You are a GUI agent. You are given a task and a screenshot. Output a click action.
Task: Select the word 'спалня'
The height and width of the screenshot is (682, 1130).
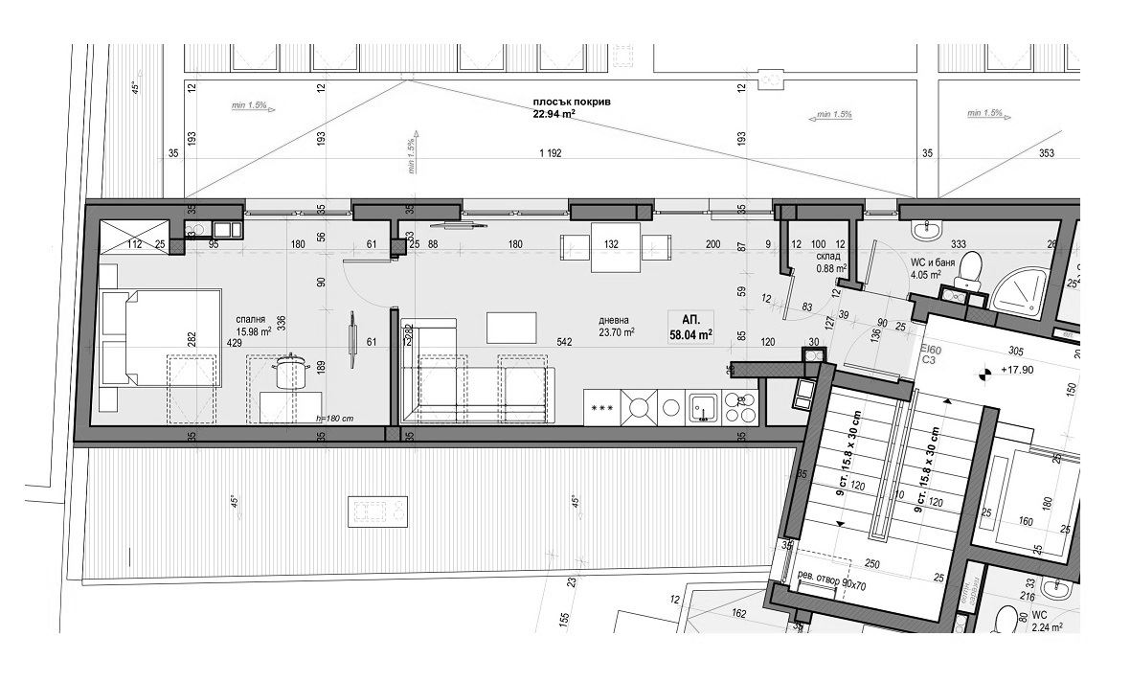pos(250,320)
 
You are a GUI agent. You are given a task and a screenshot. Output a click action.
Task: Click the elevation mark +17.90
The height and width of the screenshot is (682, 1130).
pos(1018,370)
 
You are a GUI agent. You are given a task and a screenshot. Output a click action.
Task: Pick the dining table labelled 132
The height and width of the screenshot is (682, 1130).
pos(610,245)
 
